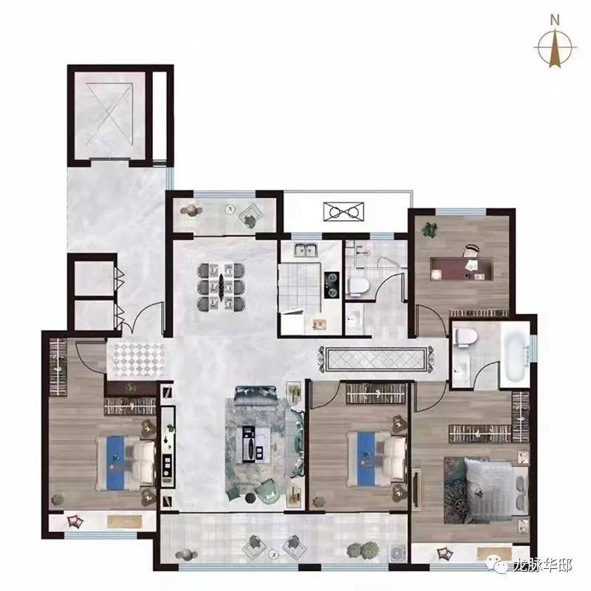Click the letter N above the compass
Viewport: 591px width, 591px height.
click(555, 20)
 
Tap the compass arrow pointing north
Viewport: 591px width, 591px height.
click(555, 48)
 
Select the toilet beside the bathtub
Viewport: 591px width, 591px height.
click(466, 337)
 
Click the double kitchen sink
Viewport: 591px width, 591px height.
click(306, 250)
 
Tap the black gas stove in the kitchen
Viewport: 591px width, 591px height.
click(331, 285)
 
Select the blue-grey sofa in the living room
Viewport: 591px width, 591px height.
click(256, 396)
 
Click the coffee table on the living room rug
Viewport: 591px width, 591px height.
click(253, 444)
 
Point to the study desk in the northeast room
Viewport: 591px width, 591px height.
click(462, 269)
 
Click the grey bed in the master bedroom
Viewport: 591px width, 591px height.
click(488, 491)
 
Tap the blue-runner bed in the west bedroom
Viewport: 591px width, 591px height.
click(126, 463)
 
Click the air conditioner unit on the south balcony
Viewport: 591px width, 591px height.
click(397, 552)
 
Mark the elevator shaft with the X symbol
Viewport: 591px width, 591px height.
click(109, 115)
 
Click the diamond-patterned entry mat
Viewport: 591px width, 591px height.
click(136, 360)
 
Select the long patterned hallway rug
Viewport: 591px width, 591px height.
click(377, 358)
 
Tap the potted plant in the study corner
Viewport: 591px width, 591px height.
click(428, 229)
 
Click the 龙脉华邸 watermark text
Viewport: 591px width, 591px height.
click(543, 565)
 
